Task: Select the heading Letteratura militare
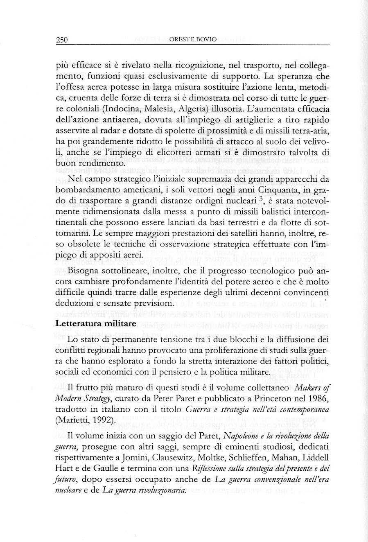[96, 323]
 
